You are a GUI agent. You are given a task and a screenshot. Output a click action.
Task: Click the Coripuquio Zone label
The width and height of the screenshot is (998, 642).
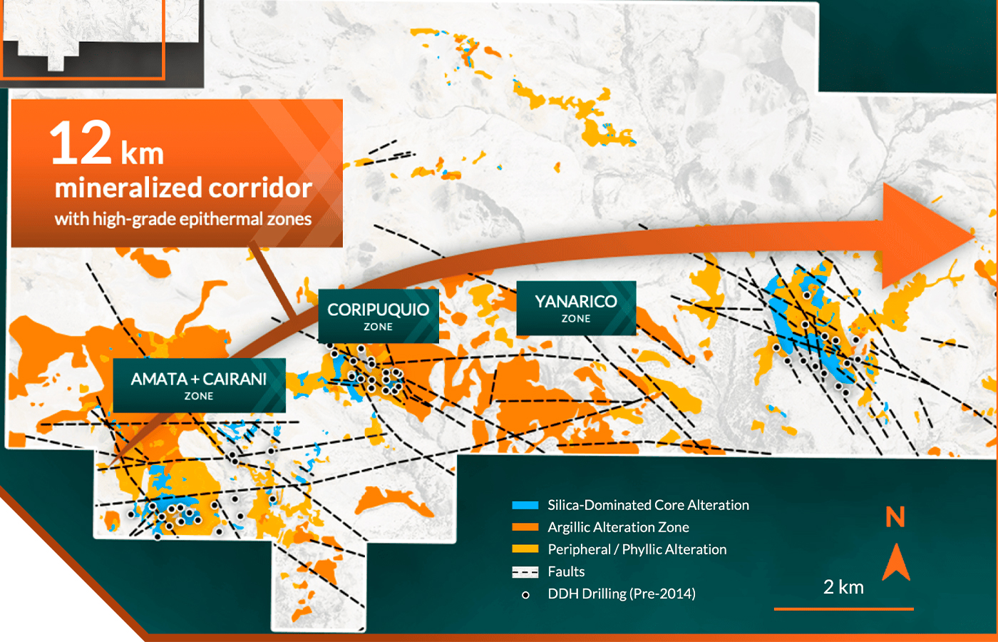click(379, 316)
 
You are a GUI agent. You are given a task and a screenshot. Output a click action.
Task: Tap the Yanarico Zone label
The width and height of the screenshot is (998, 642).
click(576, 308)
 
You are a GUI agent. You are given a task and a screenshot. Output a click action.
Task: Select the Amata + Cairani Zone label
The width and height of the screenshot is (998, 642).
click(199, 386)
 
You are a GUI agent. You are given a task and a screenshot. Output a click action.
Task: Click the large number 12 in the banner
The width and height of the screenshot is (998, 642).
click(81, 143)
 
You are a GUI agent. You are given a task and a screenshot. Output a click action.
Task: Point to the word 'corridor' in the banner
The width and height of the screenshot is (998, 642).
click(259, 188)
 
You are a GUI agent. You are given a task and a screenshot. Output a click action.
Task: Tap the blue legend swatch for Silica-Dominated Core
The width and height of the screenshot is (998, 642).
click(525, 505)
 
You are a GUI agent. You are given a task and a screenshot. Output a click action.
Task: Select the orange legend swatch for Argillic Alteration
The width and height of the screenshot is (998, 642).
click(525, 527)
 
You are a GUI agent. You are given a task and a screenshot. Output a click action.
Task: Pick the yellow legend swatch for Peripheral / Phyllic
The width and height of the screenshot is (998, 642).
click(525, 549)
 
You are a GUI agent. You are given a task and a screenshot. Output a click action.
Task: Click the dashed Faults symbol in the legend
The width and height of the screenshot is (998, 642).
click(525, 572)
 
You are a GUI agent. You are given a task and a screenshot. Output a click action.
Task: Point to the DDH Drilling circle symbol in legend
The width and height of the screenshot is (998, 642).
click(526, 595)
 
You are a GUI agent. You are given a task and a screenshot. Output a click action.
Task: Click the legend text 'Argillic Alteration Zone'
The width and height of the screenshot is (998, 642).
click(619, 527)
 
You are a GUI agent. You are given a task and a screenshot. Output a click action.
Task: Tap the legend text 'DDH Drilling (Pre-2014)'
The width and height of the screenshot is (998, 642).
click(622, 593)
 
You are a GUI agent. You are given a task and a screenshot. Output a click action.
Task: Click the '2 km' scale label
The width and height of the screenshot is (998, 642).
click(843, 587)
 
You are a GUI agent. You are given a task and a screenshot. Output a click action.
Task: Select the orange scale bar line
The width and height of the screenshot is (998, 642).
click(844, 608)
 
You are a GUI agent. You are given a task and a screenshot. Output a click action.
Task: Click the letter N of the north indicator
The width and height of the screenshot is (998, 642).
click(895, 517)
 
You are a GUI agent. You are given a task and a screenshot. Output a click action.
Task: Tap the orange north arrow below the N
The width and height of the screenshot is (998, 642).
click(896, 564)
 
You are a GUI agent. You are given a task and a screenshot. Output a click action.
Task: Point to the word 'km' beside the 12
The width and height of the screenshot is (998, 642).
click(142, 154)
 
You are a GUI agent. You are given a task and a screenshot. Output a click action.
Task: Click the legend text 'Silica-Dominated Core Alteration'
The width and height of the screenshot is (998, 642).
click(648, 505)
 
